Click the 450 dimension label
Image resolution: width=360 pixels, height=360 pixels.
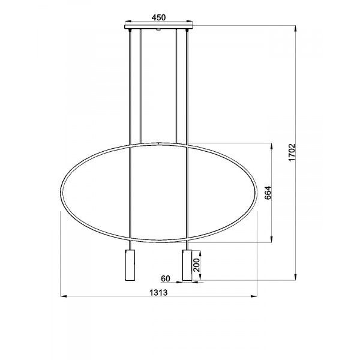pos(158,17)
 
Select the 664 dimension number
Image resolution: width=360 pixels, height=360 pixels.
pos(268,193)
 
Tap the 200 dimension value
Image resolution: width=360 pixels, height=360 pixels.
pos(196,264)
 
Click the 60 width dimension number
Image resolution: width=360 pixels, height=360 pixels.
pos(167,279)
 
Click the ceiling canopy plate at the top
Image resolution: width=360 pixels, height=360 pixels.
pos(158,28)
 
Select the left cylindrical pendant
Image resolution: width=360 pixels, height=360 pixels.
pos(130,265)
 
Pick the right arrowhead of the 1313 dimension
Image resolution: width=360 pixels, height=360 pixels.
pos(257,296)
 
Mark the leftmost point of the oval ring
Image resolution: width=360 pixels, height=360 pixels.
pos(61,193)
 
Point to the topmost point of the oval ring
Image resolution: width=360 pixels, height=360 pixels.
pos(158,143)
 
